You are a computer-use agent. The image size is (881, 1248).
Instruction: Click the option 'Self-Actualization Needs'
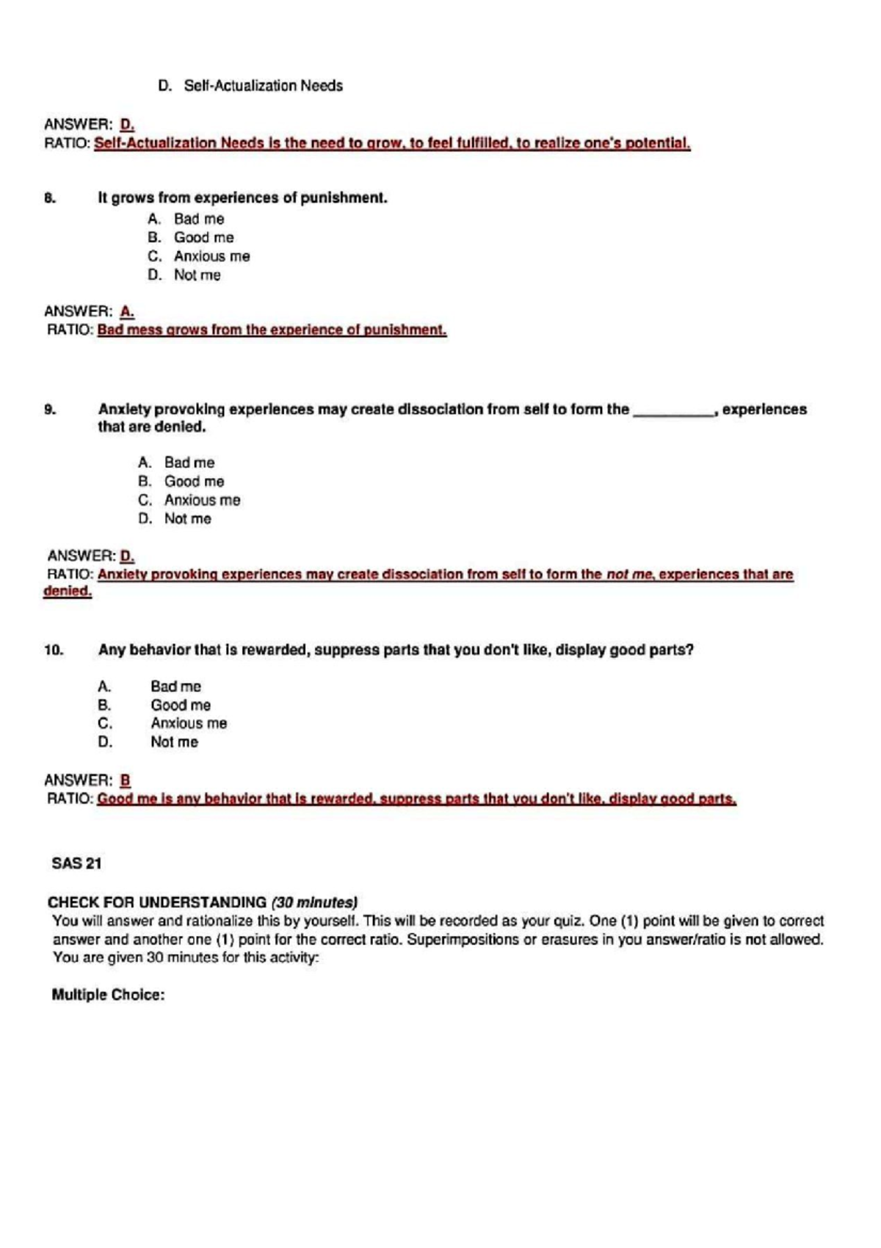coord(263,86)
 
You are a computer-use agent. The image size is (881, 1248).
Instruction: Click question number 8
coord(49,198)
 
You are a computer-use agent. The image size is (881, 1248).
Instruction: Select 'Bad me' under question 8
coord(199,219)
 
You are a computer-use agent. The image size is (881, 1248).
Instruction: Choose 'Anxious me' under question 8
coord(211,256)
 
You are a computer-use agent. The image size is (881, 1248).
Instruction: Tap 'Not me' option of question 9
coord(187,519)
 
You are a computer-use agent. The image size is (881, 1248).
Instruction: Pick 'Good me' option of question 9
coord(194,482)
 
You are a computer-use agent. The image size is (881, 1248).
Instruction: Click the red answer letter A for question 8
coord(126,311)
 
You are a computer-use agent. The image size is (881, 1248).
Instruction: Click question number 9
coord(49,410)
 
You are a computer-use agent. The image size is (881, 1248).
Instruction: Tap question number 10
coord(54,650)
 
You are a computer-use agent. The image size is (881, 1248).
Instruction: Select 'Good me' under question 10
coord(181,705)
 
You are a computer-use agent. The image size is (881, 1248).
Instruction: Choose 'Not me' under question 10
coord(174,742)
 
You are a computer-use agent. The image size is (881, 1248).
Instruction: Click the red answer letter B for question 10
coord(126,780)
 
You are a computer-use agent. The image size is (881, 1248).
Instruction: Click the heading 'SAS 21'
coord(76,864)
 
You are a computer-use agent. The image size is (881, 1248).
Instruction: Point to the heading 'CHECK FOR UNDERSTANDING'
coord(157,902)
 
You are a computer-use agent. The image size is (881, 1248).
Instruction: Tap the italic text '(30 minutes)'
coord(314,902)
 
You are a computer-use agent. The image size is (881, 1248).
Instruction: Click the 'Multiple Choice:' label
coord(108,995)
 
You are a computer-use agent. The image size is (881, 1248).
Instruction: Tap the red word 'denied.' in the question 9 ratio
coord(68,592)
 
